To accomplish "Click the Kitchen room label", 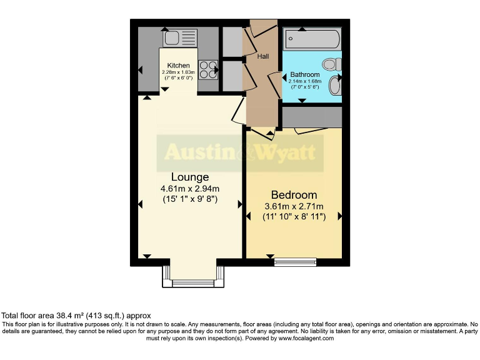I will [x=178, y=66].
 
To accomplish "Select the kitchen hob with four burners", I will [x=208, y=68].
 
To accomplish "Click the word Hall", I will [x=263, y=56].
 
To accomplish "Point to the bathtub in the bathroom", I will [x=312, y=41].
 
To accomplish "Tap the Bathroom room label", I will [x=304, y=75].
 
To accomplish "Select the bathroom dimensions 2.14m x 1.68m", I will [x=304, y=81].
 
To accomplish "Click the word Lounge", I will [x=190, y=177].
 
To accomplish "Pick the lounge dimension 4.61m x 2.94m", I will [x=190, y=189].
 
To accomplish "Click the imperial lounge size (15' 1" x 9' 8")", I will [x=190, y=200].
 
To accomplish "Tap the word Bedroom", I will [x=293, y=195].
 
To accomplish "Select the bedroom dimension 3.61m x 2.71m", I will [x=293, y=206].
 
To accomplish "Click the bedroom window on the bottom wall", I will [x=295, y=262].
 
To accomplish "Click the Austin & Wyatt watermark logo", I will [x=240, y=152].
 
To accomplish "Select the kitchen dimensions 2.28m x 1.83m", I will [x=178, y=72].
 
